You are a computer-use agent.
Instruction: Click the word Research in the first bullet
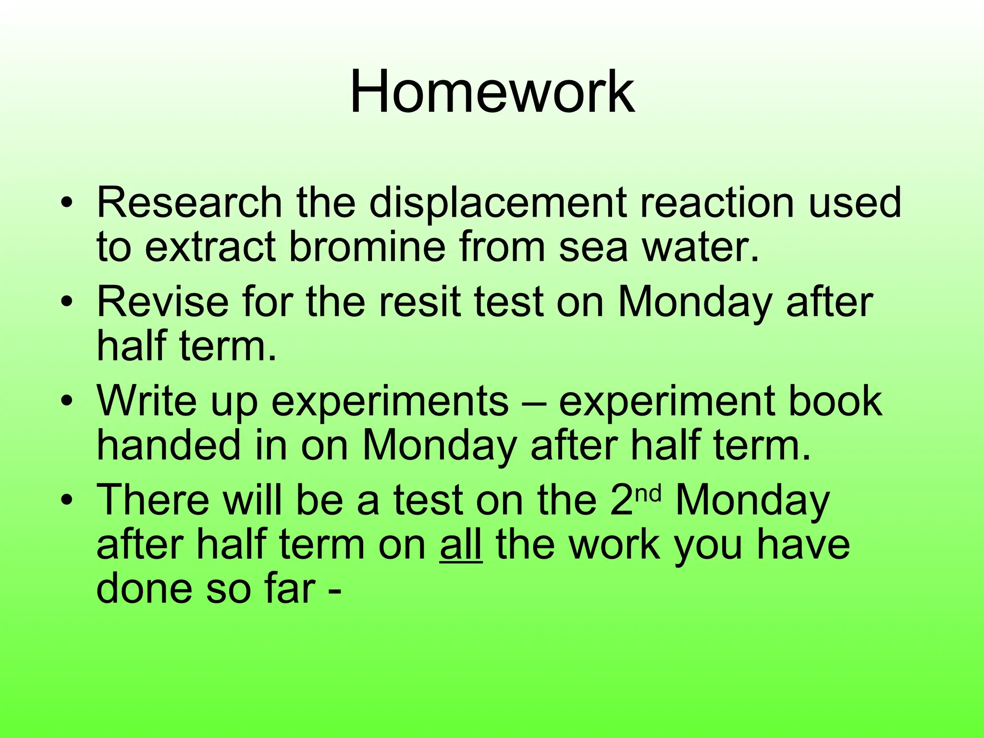point(189,202)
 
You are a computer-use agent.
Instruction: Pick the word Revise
point(162,302)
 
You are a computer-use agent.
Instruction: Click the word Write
point(147,401)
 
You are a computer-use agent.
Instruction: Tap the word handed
point(169,445)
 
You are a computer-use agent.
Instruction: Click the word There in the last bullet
point(153,500)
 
